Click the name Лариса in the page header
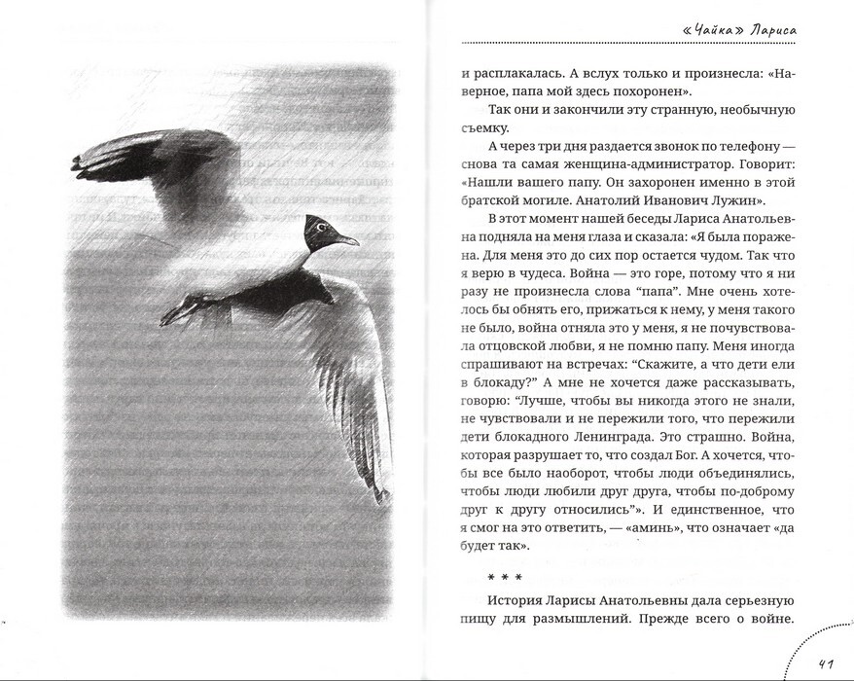[x=773, y=30]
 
